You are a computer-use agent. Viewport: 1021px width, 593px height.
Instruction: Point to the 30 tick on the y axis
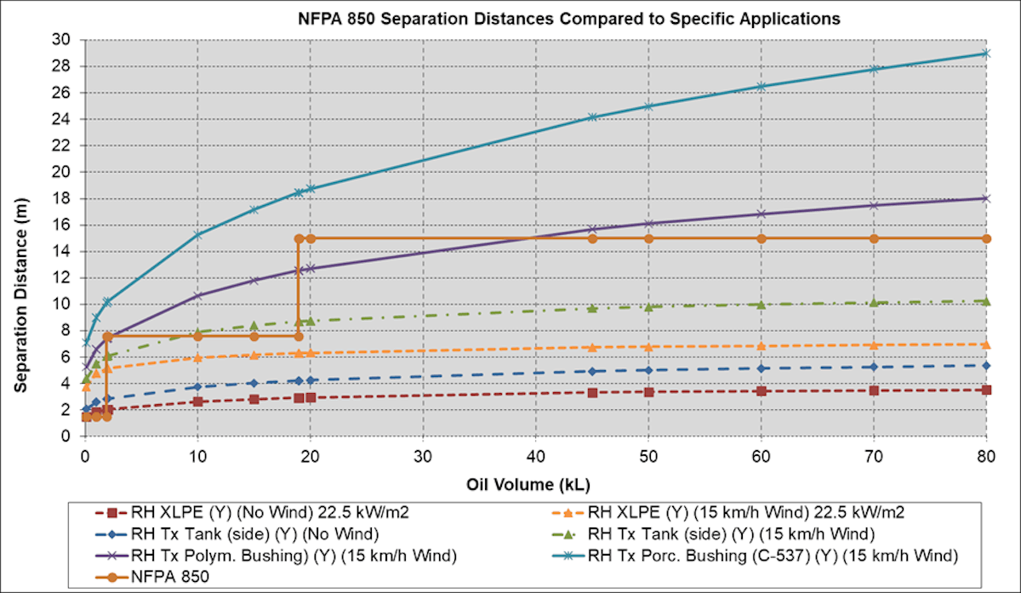point(64,39)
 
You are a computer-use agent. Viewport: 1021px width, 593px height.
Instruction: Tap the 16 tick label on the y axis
point(64,225)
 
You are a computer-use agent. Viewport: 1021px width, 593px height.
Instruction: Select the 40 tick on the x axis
point(535,456)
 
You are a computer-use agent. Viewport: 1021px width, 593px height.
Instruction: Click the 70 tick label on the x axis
point(873,456)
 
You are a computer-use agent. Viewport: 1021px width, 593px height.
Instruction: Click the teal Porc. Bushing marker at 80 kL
point(986,53)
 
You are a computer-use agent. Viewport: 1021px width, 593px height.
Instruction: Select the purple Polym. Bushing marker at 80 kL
point(986,198)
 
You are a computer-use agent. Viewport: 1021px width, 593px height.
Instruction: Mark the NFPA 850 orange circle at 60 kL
point(761,238)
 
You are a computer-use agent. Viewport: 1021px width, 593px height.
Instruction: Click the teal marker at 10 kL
point(197,234)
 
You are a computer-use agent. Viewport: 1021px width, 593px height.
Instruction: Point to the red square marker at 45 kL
point(592,392)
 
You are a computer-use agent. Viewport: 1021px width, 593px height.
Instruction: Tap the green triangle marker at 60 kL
point(761,304)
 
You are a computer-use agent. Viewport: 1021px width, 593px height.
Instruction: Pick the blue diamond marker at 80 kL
point(986,365)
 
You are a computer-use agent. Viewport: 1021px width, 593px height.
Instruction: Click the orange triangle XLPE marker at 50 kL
point(648,346)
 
